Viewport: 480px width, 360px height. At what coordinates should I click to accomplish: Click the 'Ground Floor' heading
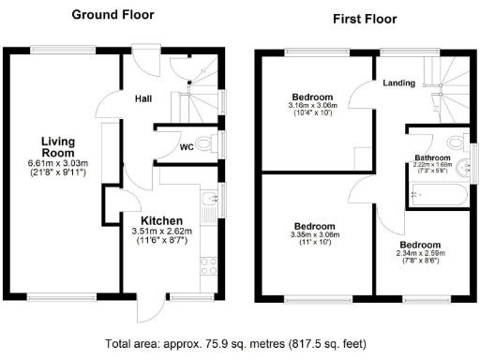tap(113, 15)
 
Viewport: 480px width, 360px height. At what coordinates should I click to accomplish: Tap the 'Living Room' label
tap(58, 148)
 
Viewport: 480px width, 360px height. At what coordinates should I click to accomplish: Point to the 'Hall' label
tap(143, 97)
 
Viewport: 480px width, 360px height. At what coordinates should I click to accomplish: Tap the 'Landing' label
tap(399, 83)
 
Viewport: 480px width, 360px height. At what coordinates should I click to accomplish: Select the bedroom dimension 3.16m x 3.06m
tap(310, 106)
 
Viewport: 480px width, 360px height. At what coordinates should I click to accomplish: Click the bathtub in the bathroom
tap(435, 195)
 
